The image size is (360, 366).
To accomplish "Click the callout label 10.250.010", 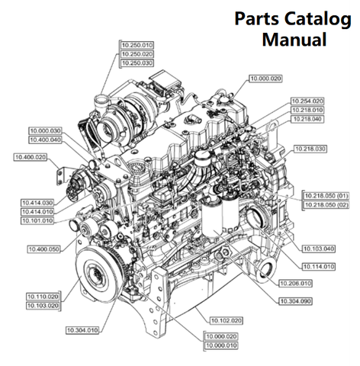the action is [137, 45].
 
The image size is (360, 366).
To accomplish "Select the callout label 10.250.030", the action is [137, 63].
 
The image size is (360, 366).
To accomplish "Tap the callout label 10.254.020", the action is [307, 101].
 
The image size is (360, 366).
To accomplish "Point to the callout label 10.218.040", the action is [307, 119].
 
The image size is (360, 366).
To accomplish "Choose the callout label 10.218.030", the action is [310, 149].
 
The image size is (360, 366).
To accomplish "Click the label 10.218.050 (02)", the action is [326, 205].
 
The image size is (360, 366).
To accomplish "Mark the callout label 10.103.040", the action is [319, 249].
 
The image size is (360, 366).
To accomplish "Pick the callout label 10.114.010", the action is [319, 267].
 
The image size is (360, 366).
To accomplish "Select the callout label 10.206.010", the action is [295, 284].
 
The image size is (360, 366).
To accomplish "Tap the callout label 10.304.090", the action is [295, 301].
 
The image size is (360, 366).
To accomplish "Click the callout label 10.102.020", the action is [226, 321].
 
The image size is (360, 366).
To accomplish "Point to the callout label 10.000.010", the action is [221, 345].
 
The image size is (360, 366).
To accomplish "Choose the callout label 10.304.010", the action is [82, 330].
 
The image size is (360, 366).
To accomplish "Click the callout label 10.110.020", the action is [43, 297].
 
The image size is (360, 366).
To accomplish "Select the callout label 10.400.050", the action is [43, 249].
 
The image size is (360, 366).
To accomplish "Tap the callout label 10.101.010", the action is [37, 220].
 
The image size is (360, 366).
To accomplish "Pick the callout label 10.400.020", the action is [31, 157].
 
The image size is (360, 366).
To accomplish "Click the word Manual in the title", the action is [294, 39].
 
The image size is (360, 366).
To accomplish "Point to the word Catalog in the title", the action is [318, 19].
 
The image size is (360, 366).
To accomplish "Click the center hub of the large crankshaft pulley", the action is [96, 274].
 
